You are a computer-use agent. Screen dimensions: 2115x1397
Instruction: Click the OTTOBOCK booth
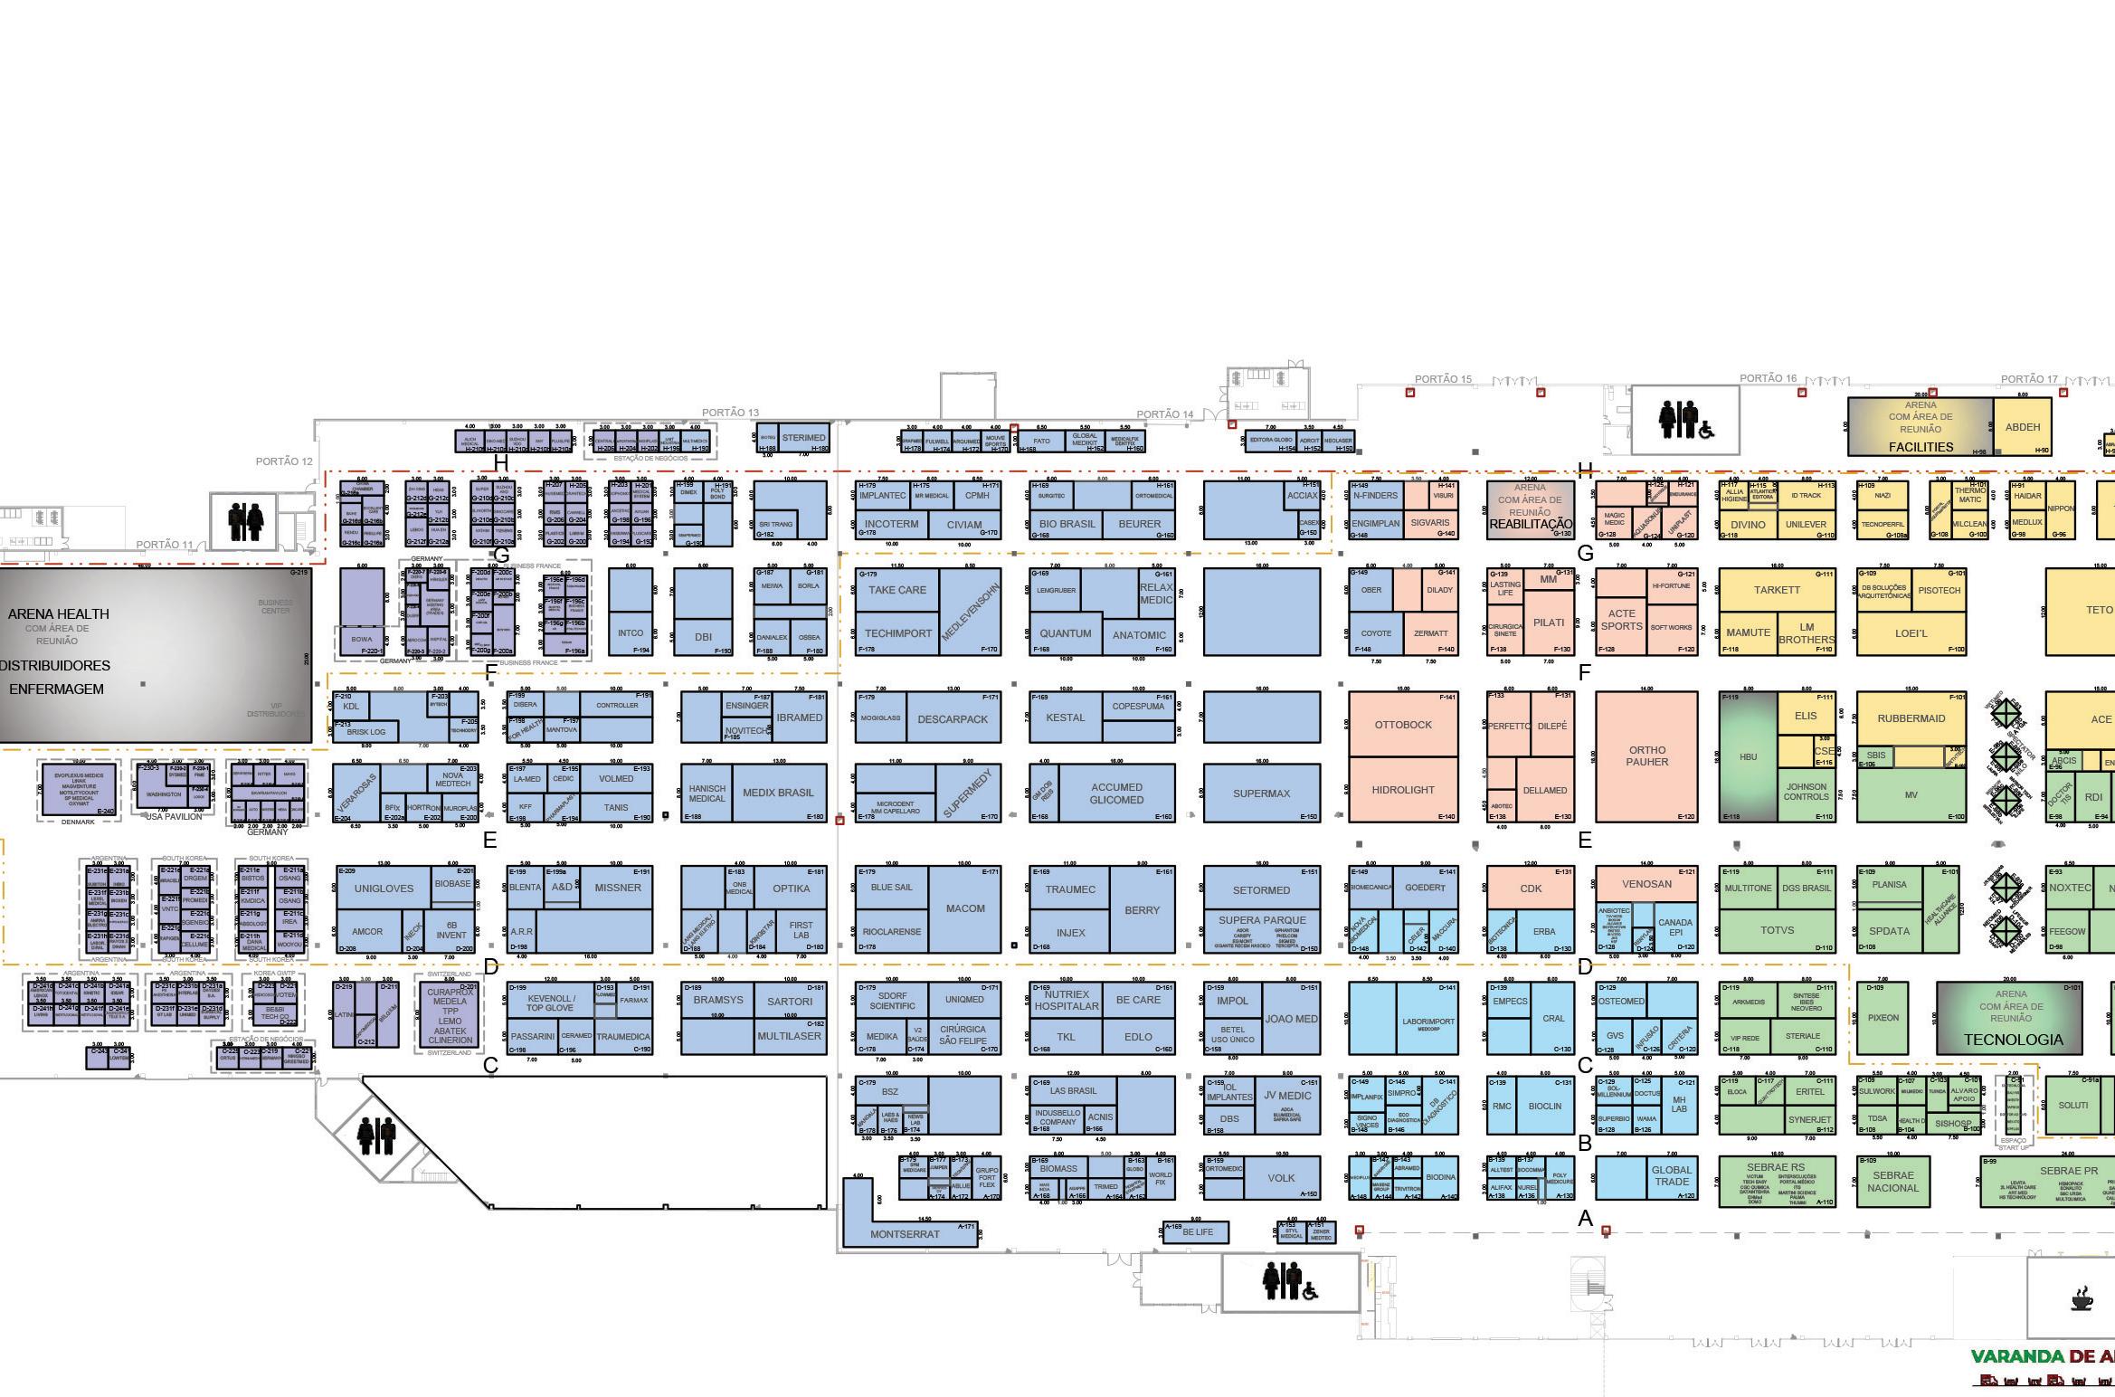pyautogui.click(x=1402, y=725)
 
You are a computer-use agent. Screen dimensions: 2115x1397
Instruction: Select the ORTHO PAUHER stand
pyautogui.click(x=1646, y=756)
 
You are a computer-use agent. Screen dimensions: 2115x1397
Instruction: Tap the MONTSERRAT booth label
pyautogui.click(x=905, y=1233)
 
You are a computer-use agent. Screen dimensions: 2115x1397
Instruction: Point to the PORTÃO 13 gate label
pyautogui.click(x=730, y=413)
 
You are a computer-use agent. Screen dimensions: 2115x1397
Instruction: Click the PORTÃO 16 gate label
pyautogui.click(x=1768, y=378)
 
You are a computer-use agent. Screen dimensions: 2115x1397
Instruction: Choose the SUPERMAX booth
pyautogui.click(x=1261, y=794)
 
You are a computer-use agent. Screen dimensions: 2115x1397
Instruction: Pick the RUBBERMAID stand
pyautogui.click(x=1911, y=719)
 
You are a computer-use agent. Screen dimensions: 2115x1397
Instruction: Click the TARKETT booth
pyautogui.click(x=1777, y=590)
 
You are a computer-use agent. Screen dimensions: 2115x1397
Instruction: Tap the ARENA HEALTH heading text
pyautogui.click(x=59, y=614)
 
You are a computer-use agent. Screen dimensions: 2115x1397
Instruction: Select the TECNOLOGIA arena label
pyautogui.click(x=2013, y=1040)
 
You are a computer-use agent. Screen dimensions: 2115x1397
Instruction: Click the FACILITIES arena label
pyautogui.click(x=1921, y=447)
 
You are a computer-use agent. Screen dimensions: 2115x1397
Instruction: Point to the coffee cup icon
pyautogui.click(x=2081, y=1300)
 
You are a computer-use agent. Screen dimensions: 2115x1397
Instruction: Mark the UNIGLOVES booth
pyautogui.click(x=384, y=889)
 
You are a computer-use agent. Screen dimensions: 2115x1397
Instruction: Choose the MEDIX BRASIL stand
pyautogui.click(x=778, y=793)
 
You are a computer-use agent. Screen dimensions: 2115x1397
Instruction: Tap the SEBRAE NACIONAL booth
pyautogui.click(x=1892, y=1182)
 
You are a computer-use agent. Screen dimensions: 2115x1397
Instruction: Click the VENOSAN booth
pyautogui.click(x=1646, y=884)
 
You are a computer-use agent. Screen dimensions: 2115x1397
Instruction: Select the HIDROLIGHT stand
pyautogui.click(x=1402, y=790)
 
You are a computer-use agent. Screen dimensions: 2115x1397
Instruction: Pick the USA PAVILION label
pyautogui.click(x=174, y=816)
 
